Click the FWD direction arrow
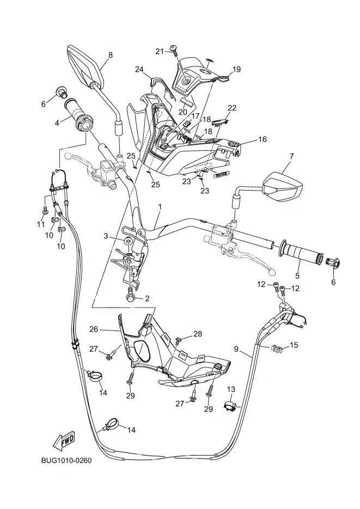[65, 441]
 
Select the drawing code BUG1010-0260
[66, 461]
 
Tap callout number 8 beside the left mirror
[111, 55]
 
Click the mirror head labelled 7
[283, 187]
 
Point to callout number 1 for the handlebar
[160, 207]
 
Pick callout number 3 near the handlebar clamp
[106, 236]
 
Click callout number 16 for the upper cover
[263, 139]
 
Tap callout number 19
[237, 69]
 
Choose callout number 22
[232, 107]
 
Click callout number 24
[139, 69]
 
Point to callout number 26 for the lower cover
[94, 329]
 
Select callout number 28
[198, 333]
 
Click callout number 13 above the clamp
[231, 389]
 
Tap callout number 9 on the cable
[236, 349]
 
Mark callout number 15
[294, 345]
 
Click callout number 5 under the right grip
[297, 276]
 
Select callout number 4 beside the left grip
[57, 123]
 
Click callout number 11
[40, 224]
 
